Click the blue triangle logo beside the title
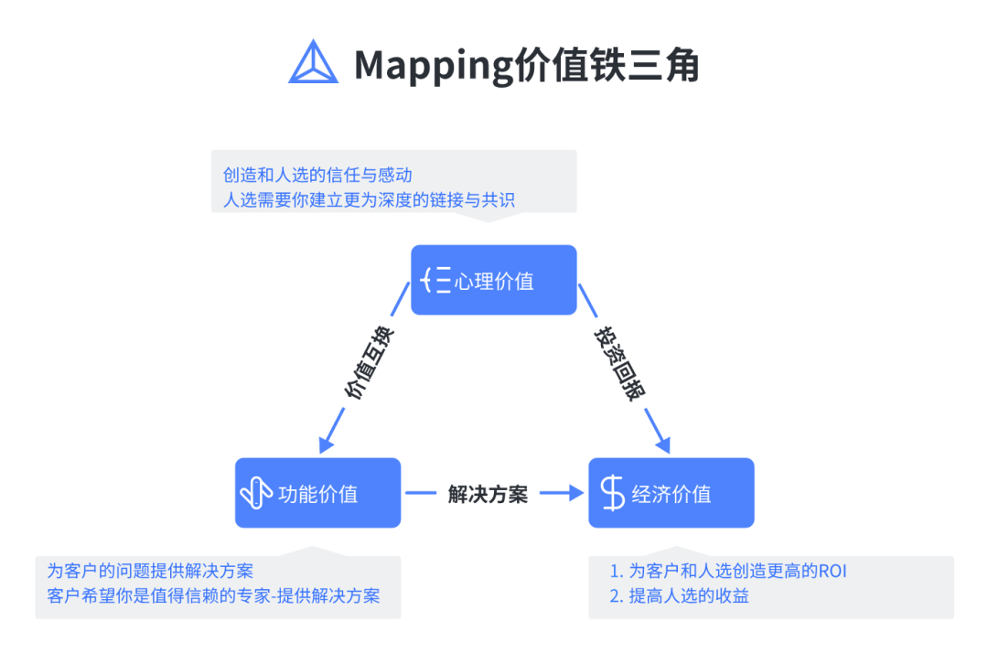[314, 62]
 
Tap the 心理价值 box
[493, 280]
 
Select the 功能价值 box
[317, 493]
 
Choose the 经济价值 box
[671, 493]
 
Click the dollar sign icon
[612, 493]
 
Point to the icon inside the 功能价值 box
[256, 493]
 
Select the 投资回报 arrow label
[620, 364]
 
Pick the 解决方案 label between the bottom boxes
[488, 494]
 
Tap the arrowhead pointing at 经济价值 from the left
[575, 493]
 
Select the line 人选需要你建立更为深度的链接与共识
[369, 198]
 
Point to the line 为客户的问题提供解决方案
[150, 572]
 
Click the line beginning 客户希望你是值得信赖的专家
[213, 596]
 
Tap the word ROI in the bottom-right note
[832, 572]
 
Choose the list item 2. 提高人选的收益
[679, 596]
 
